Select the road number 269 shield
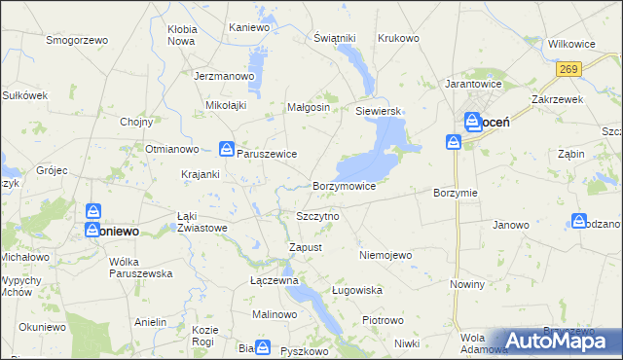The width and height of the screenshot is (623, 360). (x=569, y=69)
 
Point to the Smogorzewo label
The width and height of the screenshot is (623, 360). (x=77, y=41)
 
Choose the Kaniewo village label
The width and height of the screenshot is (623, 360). (x=248, y=27)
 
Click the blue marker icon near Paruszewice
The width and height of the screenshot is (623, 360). (x=226, y=149)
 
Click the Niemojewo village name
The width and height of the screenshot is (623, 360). (x=386, y=255)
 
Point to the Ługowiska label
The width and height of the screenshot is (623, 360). (x=357, y=290)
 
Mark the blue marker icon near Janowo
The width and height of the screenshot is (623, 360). (x=580, y=222)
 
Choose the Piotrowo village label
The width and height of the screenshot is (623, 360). (x=383, y=320)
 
